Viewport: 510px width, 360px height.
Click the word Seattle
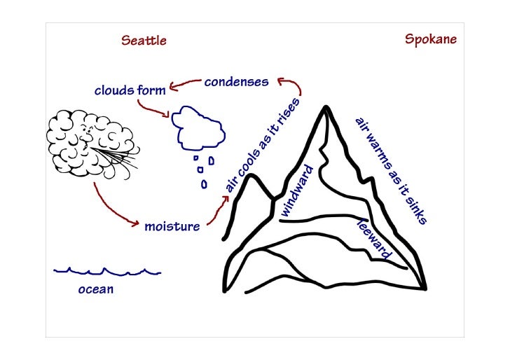point(144,41)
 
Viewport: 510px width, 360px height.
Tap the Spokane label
point(431,39)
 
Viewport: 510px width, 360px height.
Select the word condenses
point(236,82)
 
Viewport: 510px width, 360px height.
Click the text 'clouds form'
point(130,90)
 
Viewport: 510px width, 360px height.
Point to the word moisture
point(172,226)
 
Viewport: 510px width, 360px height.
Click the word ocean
point(95,290)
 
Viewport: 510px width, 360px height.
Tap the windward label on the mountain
point(296,190)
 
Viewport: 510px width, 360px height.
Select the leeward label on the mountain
point(374,239)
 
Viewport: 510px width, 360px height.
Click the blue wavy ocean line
point(107,271)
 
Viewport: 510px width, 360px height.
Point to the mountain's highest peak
point(326,108)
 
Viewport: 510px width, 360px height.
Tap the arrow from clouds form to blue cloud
point(153,109)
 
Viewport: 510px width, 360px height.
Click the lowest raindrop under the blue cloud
point(205,184)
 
